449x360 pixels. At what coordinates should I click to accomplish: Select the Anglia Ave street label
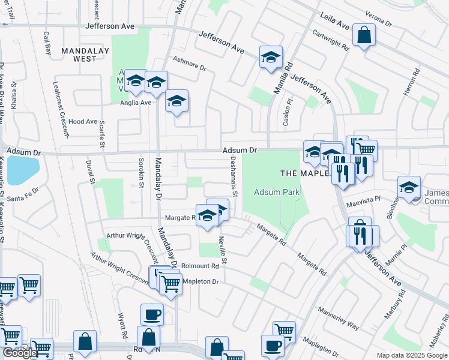coord(136,103)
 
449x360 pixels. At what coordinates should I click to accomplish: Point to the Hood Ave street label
coord(83,121)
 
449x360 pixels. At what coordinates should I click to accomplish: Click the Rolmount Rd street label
coord(200,266)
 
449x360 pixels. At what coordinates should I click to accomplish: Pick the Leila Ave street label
coord(334,21)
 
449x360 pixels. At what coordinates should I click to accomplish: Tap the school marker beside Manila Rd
coord(271,57)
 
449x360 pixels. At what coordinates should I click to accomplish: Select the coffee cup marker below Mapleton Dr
coord(152,313)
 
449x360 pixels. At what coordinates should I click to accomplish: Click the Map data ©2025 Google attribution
coord(411,355)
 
